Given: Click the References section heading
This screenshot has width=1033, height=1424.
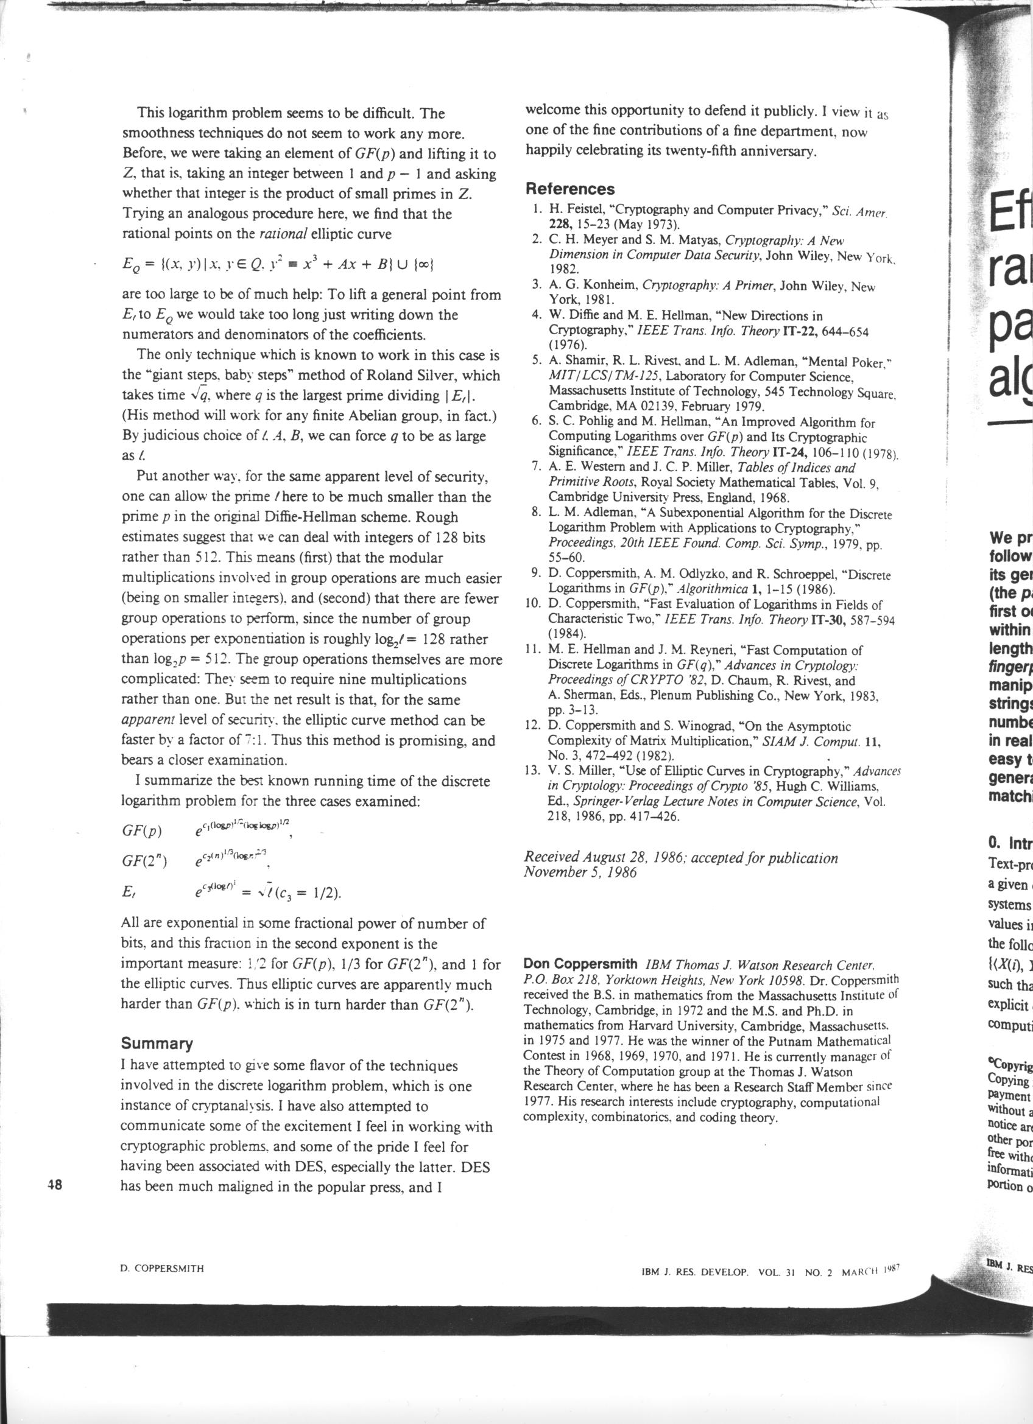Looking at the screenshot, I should [569, 189].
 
